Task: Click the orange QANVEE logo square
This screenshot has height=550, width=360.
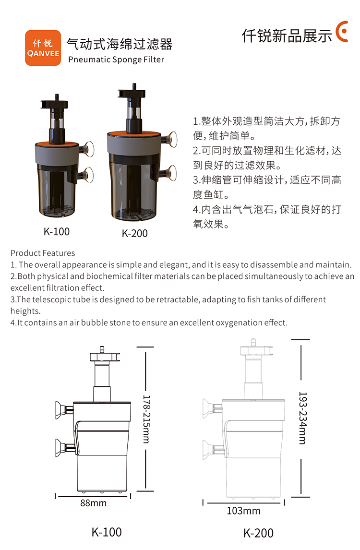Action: (x=43, y=48)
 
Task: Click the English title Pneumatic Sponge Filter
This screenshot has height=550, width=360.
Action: (x=116, y=60)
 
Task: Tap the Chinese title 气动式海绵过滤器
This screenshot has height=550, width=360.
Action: (x=120, y=44)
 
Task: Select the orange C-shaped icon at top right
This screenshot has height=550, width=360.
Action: (x=342, y=32)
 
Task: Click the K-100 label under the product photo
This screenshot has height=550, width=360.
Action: (x=57, y=231)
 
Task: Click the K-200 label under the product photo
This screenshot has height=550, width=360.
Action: (x=135, y=233)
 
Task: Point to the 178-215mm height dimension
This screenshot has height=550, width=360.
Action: (x=146, y=419)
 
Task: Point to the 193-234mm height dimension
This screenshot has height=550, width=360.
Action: (x=302, y=418)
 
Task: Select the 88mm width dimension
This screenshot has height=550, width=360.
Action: (x=93, y=503)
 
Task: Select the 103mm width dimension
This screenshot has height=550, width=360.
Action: (x=243, y=511)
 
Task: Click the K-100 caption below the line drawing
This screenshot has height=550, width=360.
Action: (x=107, y=532)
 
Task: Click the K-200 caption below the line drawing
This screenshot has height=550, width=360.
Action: (x=259, y=533)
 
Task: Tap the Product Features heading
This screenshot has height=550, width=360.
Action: (x=43, y=253)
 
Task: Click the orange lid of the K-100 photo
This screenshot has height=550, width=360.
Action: (x=56, y=144)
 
